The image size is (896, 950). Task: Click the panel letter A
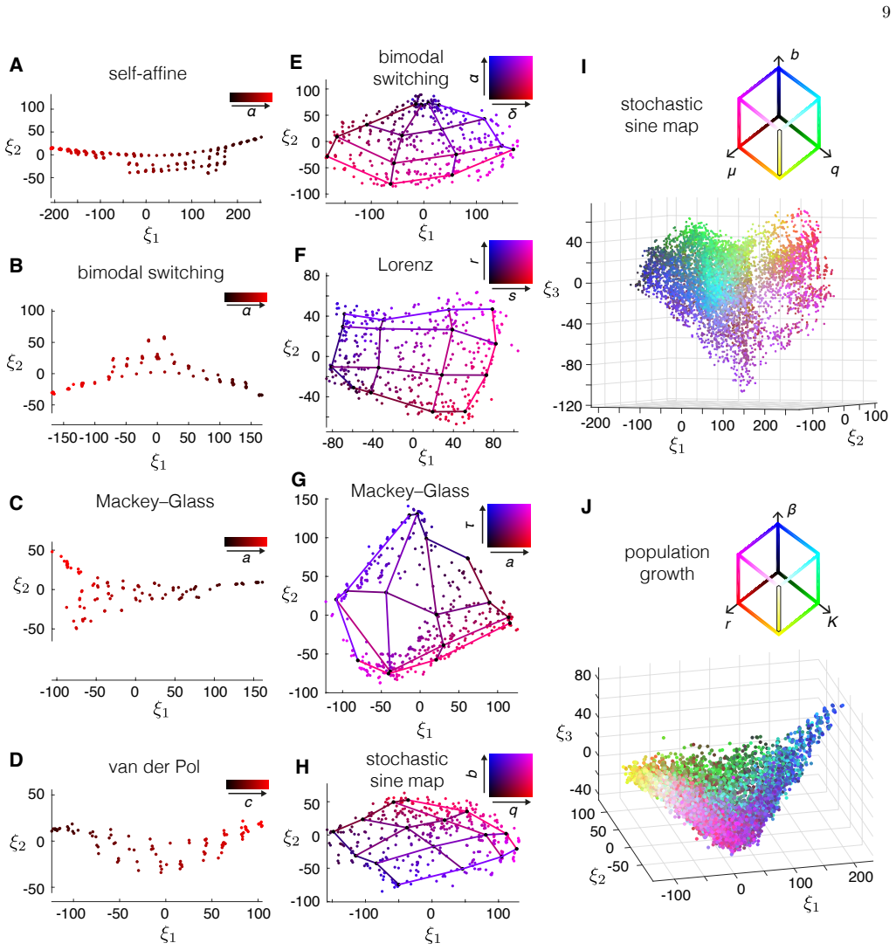(x=17, y=65)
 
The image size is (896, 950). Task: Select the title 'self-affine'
(x=148, y=73)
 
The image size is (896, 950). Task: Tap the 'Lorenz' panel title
(x=405, y=265)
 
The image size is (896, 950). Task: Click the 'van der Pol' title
(x=155, y=767)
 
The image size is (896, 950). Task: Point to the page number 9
(x=886, y=12)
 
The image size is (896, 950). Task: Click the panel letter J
(x=586, y=506)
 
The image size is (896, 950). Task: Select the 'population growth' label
(x=667, y=563)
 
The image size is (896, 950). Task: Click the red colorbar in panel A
(x=251, y=97)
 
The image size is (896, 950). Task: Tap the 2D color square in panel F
(x=511, y=262)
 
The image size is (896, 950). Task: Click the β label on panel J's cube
(x=792, y=511)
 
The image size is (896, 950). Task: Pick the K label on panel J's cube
(x=832, y=622)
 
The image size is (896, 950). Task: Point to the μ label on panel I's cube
(x=732, y=172)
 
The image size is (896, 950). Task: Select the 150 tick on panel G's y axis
(x=307, y=499)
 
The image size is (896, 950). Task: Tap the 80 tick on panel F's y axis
(x=312, y=275)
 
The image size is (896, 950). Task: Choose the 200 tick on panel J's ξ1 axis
(x=860, y=877)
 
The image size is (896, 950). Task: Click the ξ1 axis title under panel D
(x=168, y=935)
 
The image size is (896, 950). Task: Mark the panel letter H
(x=302, y=767)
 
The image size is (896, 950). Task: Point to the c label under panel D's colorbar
(x=248, y=803)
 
